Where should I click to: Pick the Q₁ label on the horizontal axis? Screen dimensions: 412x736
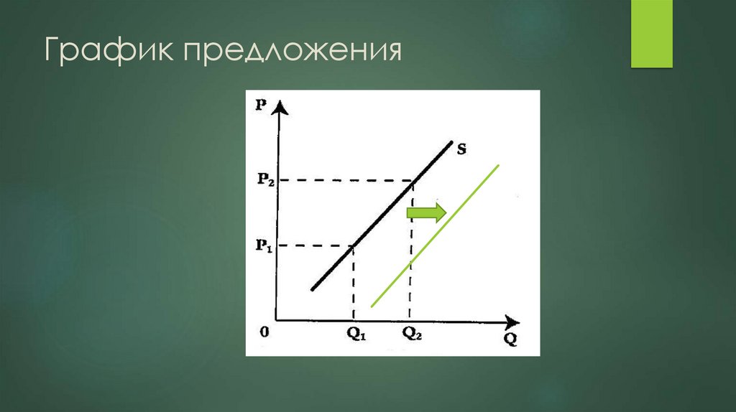point(354,333)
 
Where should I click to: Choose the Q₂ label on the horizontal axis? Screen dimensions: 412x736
point(413,333)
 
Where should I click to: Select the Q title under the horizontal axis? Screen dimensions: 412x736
point(510,340)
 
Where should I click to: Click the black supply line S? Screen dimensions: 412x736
point(381,215)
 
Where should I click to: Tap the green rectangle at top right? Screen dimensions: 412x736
point(651,34)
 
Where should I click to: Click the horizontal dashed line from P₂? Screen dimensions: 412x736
point(345,179)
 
